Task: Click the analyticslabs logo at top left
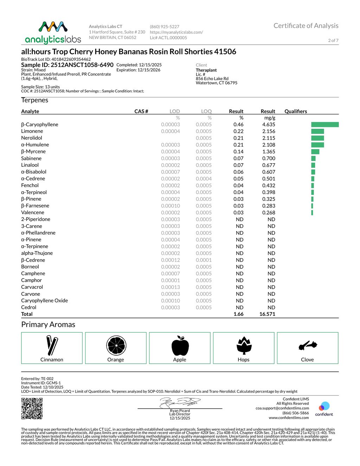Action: (53, 32)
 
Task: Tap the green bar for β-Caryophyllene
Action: (325, 125)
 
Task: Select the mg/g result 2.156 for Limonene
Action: (269, 131)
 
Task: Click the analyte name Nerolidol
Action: (32, 138)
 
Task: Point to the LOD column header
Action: (175, 111)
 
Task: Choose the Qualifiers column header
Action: (296, 111)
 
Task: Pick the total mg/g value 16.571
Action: (267, 314)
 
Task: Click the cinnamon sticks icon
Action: (52, 345)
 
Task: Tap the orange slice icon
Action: (116, 345)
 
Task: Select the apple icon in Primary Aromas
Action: (180, 345)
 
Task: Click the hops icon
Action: (244, 345)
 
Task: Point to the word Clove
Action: (307, 359)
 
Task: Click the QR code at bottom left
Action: (32, 408)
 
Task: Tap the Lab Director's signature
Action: (180, 402)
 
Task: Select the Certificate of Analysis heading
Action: (306, 26)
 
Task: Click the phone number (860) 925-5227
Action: (165, 27)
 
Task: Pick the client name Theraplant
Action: (206, 70)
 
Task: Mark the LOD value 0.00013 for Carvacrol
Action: (171, 287)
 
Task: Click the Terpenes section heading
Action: (34, 100)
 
